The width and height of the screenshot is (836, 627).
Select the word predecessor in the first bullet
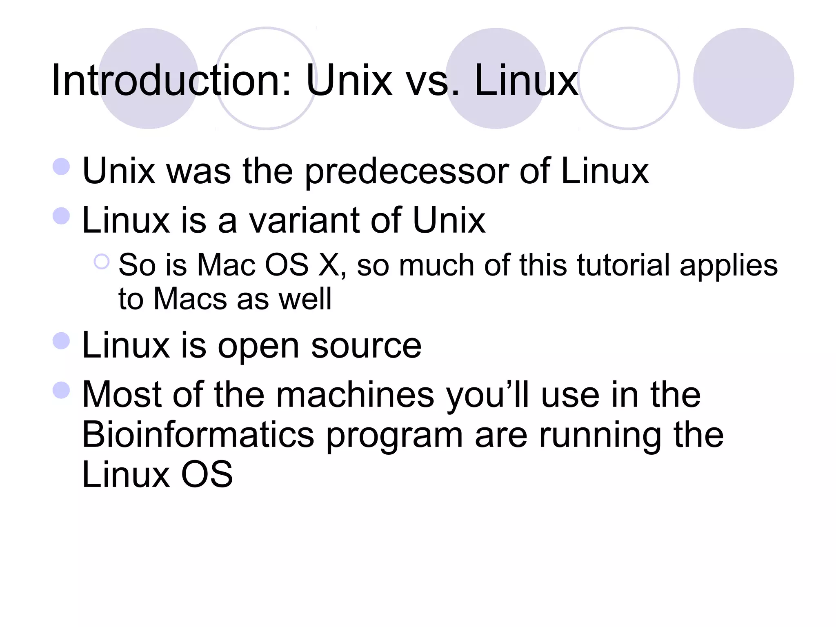tap(407, 171)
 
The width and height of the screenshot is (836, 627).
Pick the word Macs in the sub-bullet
tap(190, 299)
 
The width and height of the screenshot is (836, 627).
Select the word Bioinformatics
tap(198, 435)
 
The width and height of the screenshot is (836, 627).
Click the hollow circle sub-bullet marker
tap(102, 262)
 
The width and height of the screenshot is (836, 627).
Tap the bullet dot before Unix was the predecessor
tap(61, 167)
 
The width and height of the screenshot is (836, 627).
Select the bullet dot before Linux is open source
tap(61, 341)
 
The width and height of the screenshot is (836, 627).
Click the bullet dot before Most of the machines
tap(61, 390)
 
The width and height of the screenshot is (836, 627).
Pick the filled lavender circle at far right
tap(743, 78)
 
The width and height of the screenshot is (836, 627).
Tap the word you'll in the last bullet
tap(488, 395)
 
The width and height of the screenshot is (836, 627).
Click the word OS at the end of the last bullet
tap(207, 474)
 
